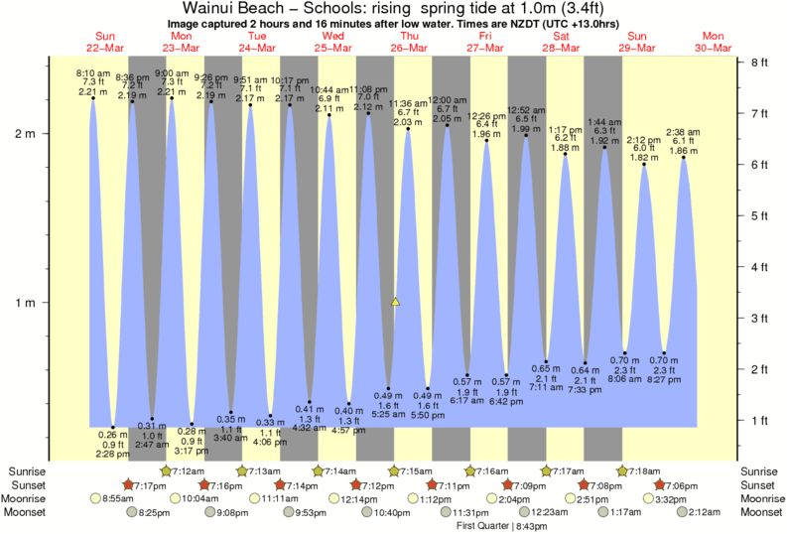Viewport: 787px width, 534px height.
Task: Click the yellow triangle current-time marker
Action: point(395,301)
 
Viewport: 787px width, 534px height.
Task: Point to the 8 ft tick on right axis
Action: point(761,62)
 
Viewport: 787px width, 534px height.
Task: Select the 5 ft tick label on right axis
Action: point(761,215)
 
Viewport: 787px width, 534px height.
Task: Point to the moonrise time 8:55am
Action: point(120,498)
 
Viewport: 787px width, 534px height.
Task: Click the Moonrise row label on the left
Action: point(27,498)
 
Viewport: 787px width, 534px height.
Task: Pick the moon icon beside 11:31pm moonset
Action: point(444,512)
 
